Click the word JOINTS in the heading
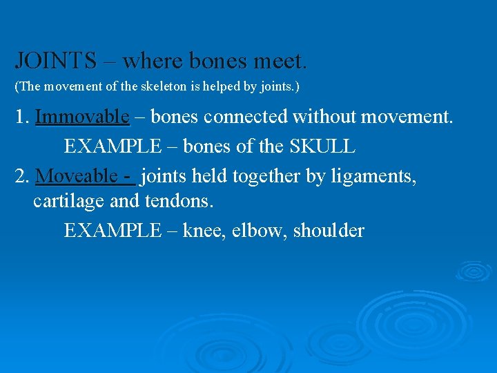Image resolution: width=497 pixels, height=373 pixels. [56, 61]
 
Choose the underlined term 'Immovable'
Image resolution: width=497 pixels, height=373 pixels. [82, 117]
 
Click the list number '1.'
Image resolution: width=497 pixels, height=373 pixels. [22, 117]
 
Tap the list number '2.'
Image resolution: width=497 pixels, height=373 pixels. [22, 177]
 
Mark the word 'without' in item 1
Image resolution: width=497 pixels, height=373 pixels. [327, 117]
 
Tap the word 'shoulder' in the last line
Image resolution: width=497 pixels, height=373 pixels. [329, 230]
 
